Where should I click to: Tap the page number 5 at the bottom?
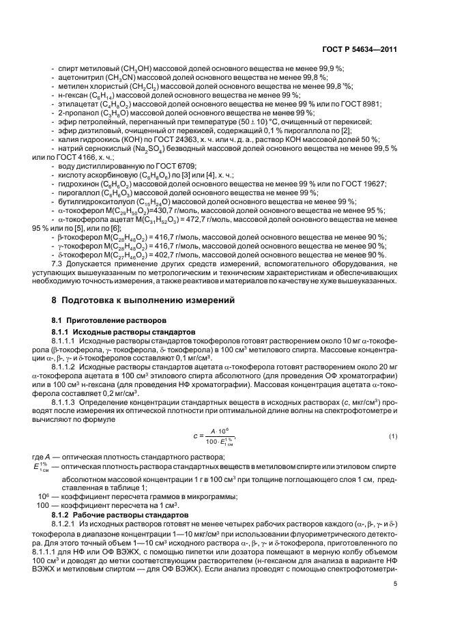(x=396, y=584)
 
